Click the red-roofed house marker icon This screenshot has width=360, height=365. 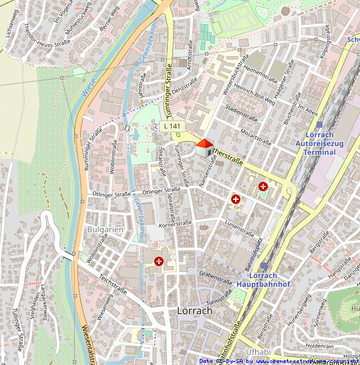pyautogui.click(x=204, y=147)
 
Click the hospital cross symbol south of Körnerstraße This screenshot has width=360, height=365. pyautogui.click(x=158, y=261)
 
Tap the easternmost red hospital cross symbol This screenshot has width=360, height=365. pyautogui.click(x=263, y=187)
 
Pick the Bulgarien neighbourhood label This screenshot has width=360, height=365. pyautogui.click(x=105, y=229)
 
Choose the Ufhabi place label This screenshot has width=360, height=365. pyautogui.click(x=258, y=352)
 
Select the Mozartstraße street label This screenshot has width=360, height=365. pyautogui.click(x=256, y=137)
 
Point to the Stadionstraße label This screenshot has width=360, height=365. pyautogui.click(x=242, y=110)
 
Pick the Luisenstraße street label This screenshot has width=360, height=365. pyautogui.click(x=240, y=229)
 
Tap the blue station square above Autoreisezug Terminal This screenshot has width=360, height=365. pyautogui.click(x=319, y=124)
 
